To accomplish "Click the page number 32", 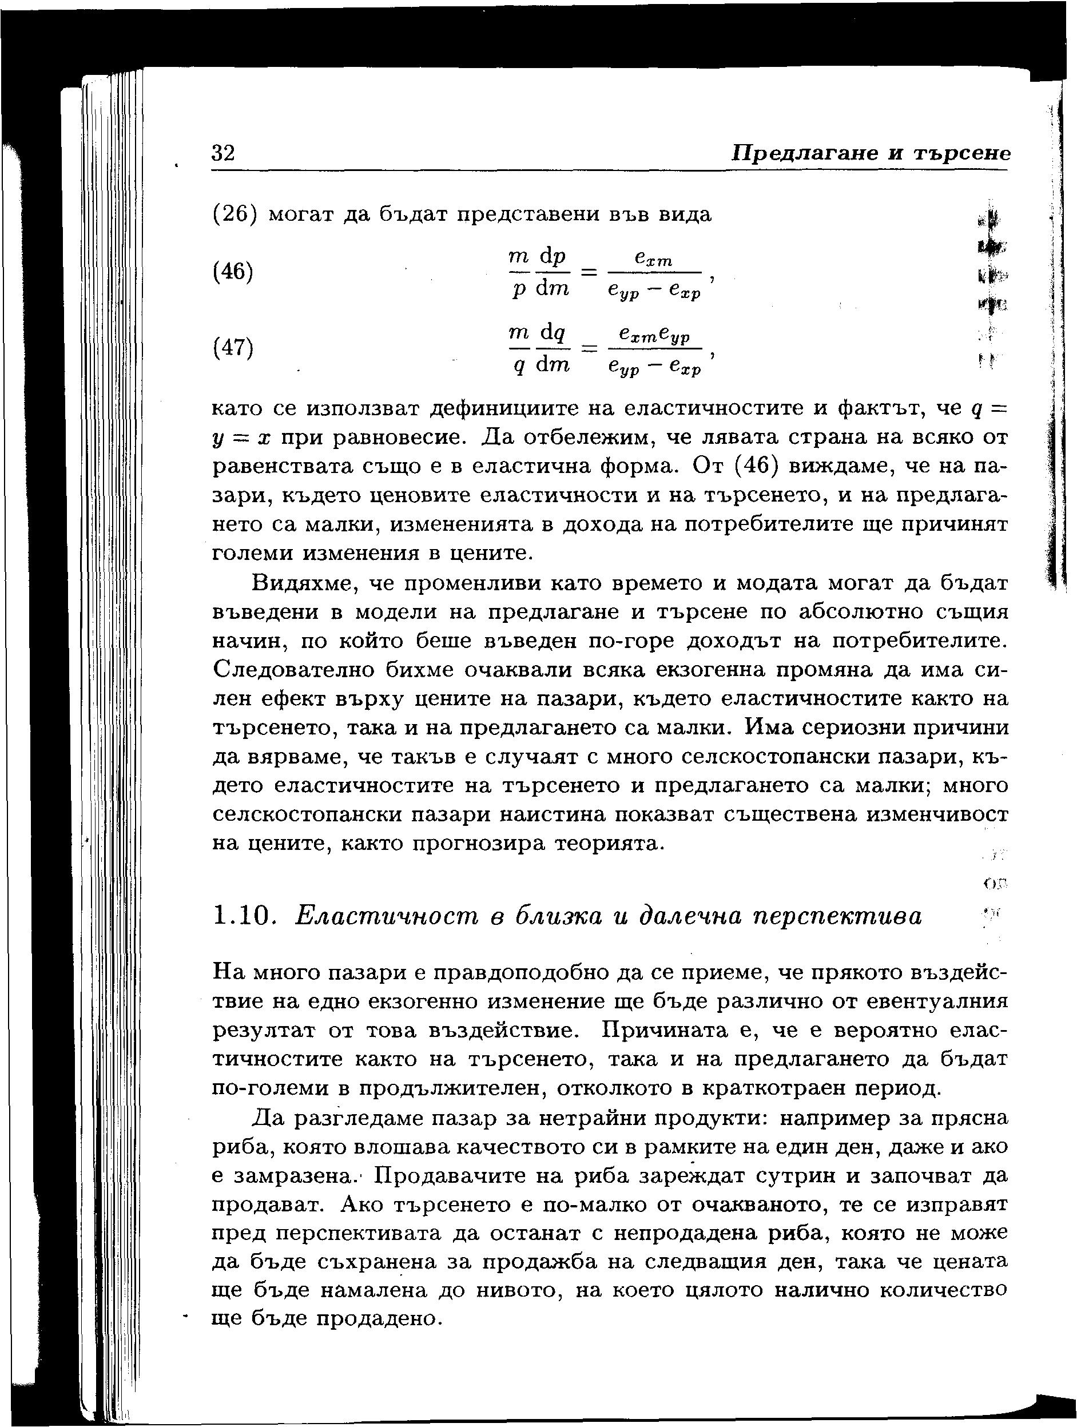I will (223, 153).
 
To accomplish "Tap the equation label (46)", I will (233, 272).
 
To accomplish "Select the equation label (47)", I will (233, 348).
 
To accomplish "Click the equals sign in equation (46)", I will (587, 272).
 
